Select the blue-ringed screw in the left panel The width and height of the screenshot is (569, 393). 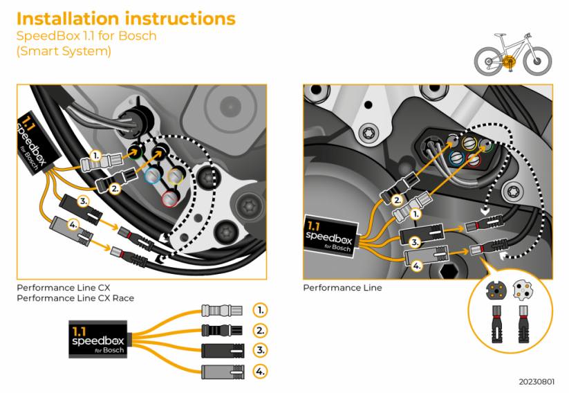[x=152, y=176]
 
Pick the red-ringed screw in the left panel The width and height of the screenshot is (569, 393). [x=168, y=199]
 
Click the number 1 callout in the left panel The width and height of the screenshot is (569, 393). [x=96, y=156]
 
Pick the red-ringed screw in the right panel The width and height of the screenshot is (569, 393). [x=473, y=161]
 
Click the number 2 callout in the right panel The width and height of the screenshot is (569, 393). [x=397, y=200]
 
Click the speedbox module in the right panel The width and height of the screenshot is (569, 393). [x=330, y=235]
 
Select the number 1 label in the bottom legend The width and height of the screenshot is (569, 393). [x=259, y=309]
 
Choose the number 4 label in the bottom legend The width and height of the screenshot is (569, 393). [x=259, y=372]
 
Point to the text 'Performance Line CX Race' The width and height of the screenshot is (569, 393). [x=75, y=298]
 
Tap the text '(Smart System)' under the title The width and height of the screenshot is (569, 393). [x=64, y=51]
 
